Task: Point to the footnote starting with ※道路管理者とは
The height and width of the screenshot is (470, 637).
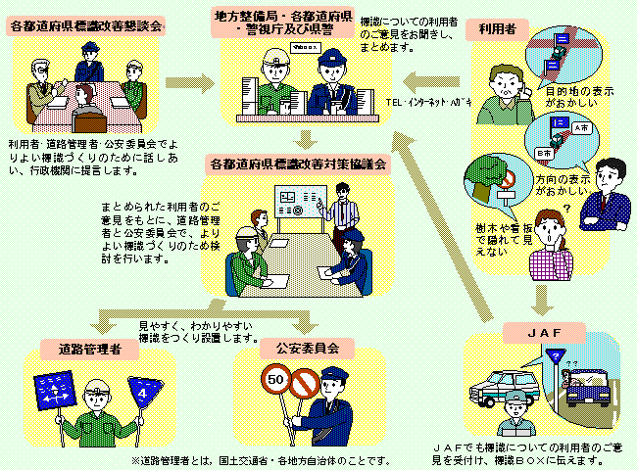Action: (x=260, y=459)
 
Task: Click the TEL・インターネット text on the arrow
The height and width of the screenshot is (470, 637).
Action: (x=428, y=101)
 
